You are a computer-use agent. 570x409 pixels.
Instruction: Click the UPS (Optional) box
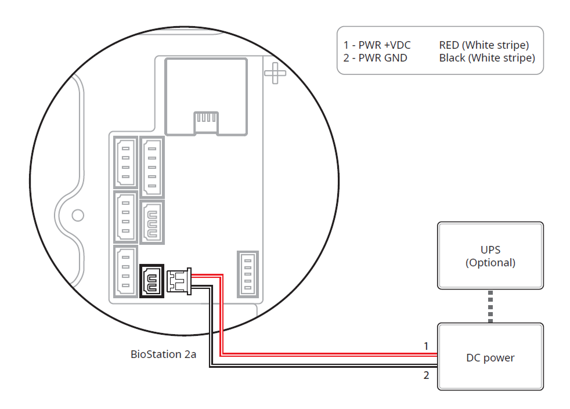[x=490, y=255]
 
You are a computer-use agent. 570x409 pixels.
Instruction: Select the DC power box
[x=490, y=357]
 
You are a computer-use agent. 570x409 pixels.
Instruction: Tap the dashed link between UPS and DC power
[x=490, y=306]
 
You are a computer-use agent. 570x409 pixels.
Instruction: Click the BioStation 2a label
[x=163, y=354]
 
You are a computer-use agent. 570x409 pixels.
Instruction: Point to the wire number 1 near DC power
[x=425, y=346]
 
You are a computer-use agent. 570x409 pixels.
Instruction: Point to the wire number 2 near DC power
[x=426, y=375]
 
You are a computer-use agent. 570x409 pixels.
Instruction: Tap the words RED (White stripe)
[x=484, y=45]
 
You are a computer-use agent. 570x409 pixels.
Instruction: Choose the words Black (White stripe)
[x=486, y=57]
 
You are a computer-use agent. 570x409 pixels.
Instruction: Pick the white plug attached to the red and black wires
[x=178, y=281]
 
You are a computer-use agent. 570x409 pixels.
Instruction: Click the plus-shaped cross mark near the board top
[x=275, y=73]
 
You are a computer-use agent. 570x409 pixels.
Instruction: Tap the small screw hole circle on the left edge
[x=77, y=215]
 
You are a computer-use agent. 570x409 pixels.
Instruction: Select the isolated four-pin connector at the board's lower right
[x=248, y=273]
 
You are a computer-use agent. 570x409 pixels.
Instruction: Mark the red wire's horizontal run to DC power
[x=325, y=353]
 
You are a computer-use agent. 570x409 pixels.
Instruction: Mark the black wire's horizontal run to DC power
[x=325, y=364]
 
